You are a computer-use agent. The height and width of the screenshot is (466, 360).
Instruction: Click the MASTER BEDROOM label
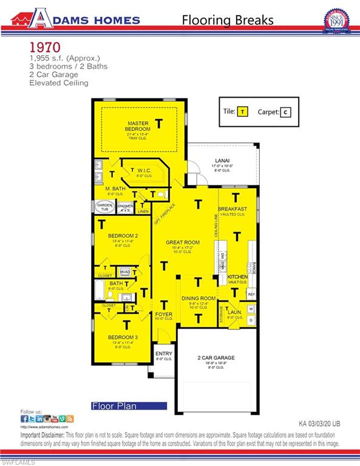138,126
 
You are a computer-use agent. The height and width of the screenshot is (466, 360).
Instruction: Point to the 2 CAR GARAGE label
216,358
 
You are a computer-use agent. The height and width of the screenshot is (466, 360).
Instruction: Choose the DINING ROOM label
199,298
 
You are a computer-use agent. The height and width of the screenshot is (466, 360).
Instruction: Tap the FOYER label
165,314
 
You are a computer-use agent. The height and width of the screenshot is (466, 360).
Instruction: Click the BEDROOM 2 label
123,235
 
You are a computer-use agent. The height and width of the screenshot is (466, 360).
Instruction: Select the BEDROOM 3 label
123,337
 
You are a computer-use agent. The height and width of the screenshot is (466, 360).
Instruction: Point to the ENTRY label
164,354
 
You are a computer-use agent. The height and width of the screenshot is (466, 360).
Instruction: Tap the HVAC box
125,272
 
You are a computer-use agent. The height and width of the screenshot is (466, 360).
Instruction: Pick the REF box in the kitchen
251,294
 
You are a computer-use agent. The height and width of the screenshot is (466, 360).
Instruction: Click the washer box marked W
251,309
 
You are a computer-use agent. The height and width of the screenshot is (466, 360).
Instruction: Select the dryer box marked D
251,320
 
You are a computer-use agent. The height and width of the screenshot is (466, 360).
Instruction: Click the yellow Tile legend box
243,112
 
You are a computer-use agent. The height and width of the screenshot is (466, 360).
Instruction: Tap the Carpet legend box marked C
286,112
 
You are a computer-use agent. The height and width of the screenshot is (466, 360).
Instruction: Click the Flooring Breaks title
228,19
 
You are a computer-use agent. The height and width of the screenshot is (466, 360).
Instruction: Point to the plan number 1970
44,47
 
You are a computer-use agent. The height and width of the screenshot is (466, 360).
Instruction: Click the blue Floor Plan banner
128,405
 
